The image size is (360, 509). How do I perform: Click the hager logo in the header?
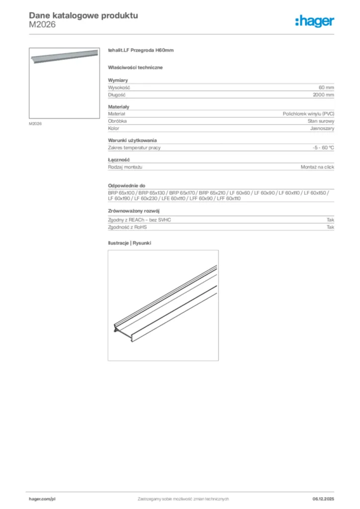pos(314,21)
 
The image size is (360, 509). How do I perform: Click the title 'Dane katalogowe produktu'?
pos(84,15)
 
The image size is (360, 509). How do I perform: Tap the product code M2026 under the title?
pos(42,24)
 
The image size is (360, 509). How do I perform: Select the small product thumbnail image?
pos(64,83)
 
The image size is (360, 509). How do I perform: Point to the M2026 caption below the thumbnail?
pos(35,124)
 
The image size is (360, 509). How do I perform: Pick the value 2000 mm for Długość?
pos(323,94)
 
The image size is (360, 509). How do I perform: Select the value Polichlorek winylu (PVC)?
pos(308,114)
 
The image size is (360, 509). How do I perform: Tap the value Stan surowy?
pos(321,121)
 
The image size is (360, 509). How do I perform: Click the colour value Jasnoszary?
pos(322,128)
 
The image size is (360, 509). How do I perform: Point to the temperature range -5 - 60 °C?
pos(320,148)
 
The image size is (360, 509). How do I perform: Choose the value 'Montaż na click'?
pos(317,167)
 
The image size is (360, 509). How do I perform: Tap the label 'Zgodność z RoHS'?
pos(127,227)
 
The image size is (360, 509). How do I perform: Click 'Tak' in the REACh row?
pos(330,220)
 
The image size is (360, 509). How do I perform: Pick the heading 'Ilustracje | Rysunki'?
pos(129,243)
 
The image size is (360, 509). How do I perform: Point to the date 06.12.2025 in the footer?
pos(323,499)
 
